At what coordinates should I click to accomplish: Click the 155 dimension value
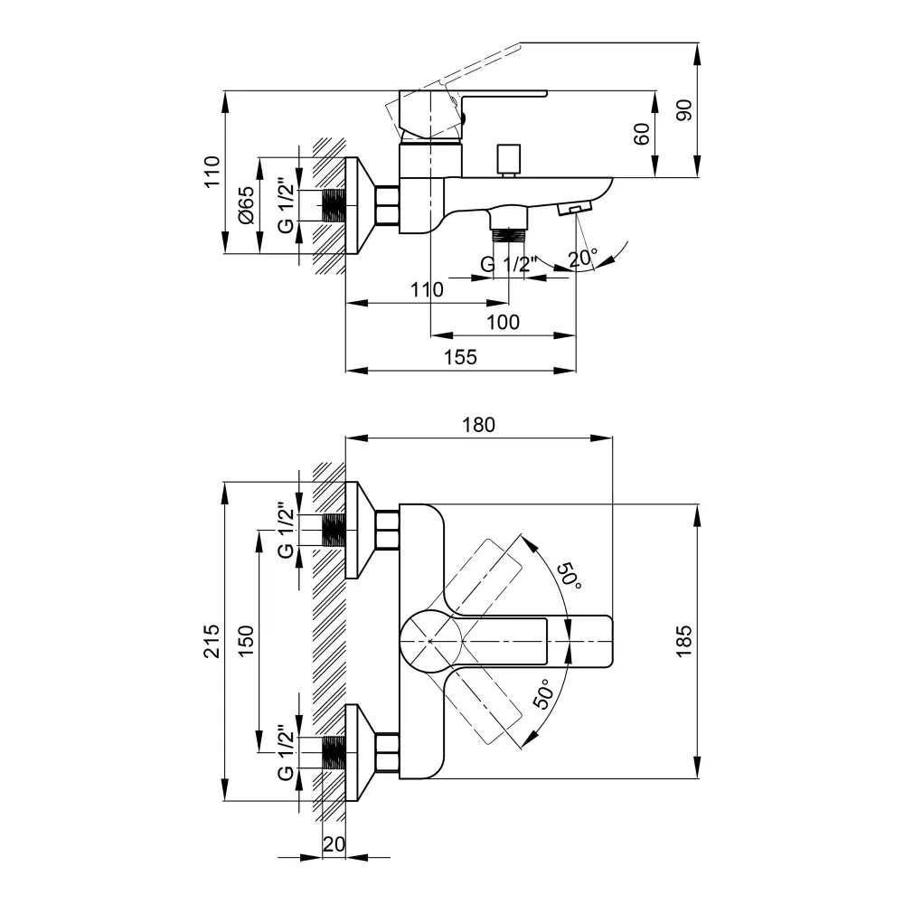[x=460, y=357]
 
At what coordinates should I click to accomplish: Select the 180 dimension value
[x=479, y=425]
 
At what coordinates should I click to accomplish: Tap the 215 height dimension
[x=211, y=641]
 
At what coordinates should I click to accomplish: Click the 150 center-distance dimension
[x=246, y=641]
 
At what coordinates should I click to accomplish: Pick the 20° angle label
[x=583, y=259]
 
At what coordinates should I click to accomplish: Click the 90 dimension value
[x=683, y=110]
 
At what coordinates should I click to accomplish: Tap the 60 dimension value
[x=641, y=135]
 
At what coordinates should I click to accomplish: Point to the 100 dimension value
[x=503, y=322]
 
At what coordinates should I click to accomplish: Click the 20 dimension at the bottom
[x=334, y=843]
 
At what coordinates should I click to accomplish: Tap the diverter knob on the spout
[x=508, y=158]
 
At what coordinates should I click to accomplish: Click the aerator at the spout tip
[x=573, y=209]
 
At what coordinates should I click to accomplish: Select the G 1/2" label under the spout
[x=508, y=265]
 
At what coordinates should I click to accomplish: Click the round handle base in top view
[x=431, y=640]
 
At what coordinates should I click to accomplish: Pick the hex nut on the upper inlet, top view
[x=387, y=530]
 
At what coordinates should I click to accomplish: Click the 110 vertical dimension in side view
[x=211, y=172]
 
